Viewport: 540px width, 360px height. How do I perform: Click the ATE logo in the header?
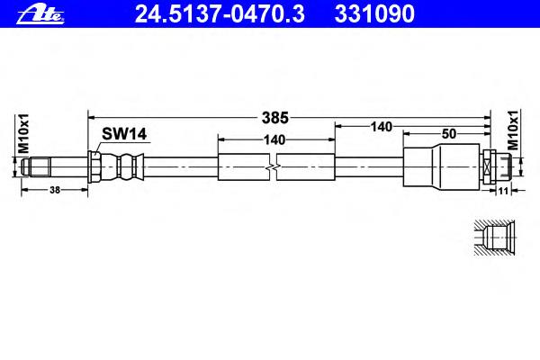pyautogui.click(x=40, y=14)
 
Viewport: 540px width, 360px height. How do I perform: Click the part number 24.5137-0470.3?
pyautogui.click(x=220, y=14)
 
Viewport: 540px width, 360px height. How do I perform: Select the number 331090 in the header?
pyautogui.click(x=374, y=14)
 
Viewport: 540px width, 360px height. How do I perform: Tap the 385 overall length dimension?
pyautogui.click(x=274, y=118)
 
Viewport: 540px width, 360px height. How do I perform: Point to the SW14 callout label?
pyautogui.click(x=124, y=134)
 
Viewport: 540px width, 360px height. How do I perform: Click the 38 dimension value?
pyautogui.click(x=55, y=190)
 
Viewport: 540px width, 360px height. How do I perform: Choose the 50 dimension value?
pyautogui.click(x=449, y=134)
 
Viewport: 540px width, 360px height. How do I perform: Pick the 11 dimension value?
pyautogui.click(x=503, y=191)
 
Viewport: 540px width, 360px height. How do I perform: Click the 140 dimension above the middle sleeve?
pyautogui.click(x=274, y=139)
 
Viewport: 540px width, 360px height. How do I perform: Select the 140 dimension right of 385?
pyautogui.click(x=382, y=127)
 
